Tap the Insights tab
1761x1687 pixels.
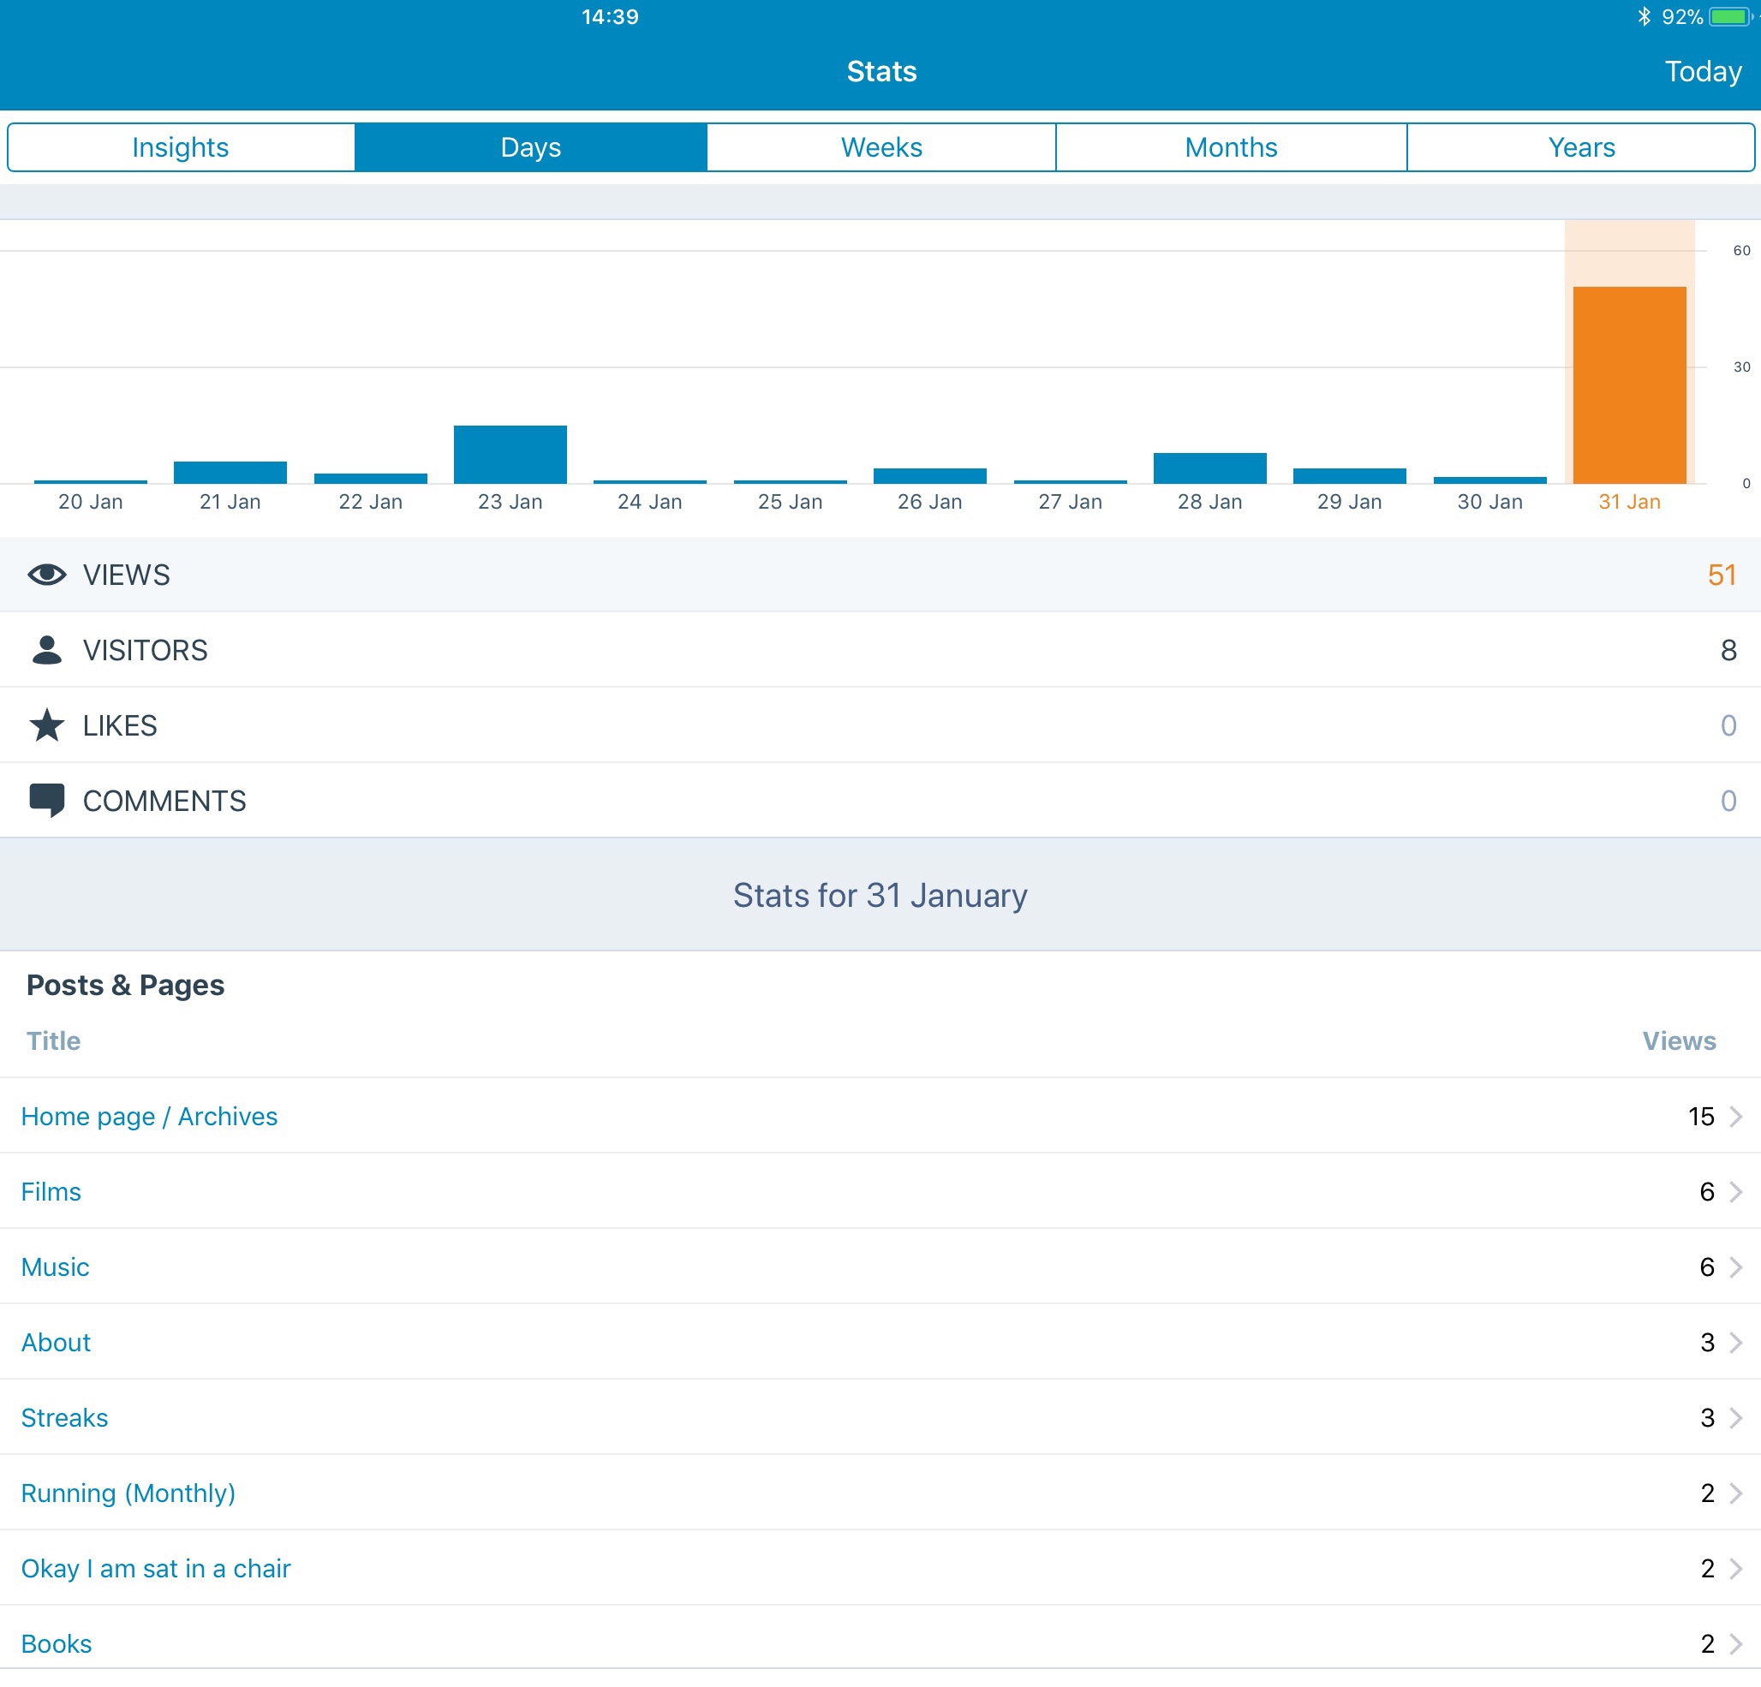click(180, 147)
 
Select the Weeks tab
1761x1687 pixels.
click(880, 147)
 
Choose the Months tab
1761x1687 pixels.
click(1230, 147)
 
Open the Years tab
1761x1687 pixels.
click(1580, 147)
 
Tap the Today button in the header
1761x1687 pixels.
click(1702, 72)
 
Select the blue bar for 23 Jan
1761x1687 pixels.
click(510, 455)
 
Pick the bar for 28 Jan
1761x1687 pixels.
click(1209, 468)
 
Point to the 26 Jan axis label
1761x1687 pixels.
click(929, 502)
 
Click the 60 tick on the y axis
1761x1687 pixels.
click(1740, 251)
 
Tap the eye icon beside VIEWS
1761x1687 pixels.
click(47, 575)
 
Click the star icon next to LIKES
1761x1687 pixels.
click(47, 725)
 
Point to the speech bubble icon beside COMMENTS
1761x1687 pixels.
click(47, 800)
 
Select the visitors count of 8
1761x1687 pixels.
click(1727, 650)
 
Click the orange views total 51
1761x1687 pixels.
click(1721, 575)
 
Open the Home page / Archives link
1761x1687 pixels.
click(149, 1117)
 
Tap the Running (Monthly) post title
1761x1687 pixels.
click(128, 1493)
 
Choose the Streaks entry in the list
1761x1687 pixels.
click(65, 1417)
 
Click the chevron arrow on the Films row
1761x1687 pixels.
click(1736, 1192)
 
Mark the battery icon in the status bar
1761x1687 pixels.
click(1728, 17)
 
